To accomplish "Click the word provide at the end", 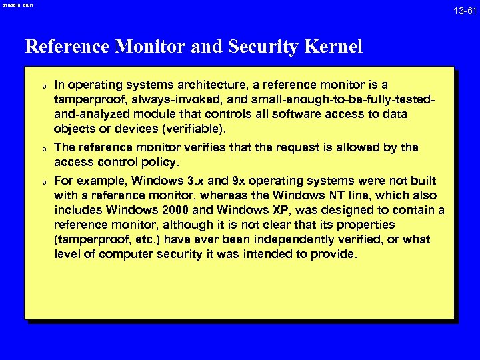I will coord(338,254).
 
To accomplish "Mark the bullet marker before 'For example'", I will coord(43,181).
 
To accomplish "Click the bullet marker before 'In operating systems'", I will coord(43,85).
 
